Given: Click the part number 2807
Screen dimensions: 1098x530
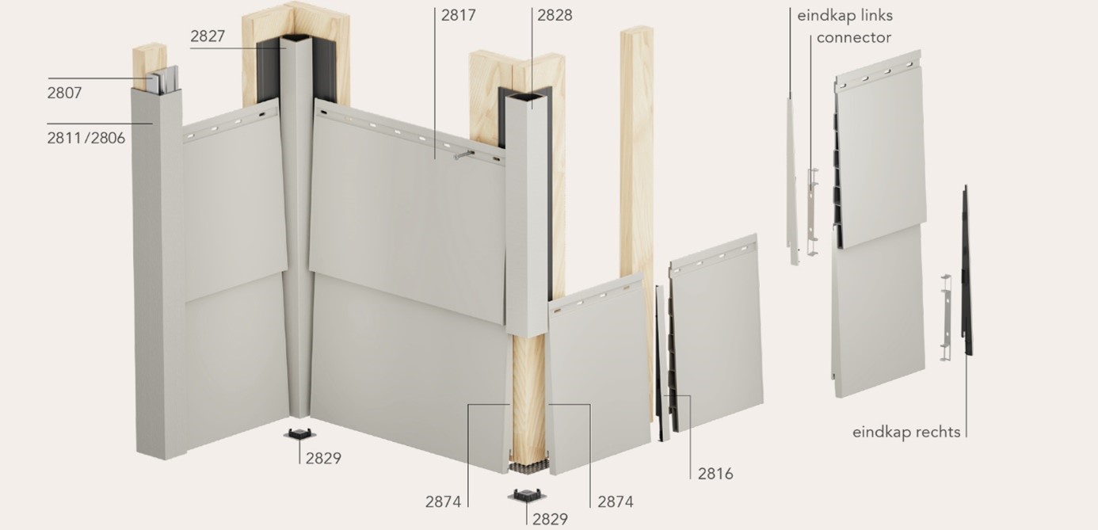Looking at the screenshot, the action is [64, 93].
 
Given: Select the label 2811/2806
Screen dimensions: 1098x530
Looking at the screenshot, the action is [86, 138].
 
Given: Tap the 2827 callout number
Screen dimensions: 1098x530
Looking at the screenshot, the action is [208, 36].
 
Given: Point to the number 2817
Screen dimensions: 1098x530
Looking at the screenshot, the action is [459, 15].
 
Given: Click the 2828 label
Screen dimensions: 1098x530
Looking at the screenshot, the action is [555, 15].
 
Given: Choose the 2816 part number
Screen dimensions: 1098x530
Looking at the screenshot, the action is [715, 474].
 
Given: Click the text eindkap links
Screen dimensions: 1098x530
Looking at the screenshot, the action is [845, 16].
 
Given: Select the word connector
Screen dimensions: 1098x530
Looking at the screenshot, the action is [854, 38].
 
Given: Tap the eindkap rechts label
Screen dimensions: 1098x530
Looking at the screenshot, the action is [906, 432].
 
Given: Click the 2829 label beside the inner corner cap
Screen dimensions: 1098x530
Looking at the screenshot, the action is [323, 458].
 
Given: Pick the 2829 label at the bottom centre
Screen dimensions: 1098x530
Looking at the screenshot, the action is [550, 519].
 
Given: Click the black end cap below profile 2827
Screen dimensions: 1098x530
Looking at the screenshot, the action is [299, 434].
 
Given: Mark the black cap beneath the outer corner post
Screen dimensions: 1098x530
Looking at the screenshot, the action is [527, 495].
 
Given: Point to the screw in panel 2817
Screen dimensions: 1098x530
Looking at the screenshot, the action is [463, 155].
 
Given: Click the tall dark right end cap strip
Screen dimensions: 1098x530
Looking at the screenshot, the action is [966, 270].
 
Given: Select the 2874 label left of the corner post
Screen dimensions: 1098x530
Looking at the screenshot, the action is [443, 501].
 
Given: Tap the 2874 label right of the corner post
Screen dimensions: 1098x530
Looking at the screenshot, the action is [616, 501].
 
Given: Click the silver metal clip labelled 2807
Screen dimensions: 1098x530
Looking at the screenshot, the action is [165, 79].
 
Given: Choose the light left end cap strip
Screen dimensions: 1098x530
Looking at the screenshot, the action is [791, 181].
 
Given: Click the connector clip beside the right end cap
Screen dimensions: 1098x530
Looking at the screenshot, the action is [946, 318].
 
